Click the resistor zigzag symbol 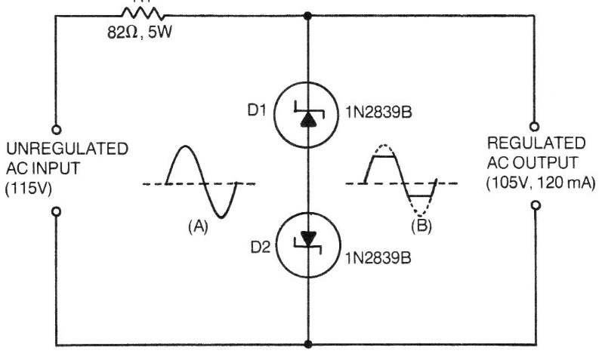143,14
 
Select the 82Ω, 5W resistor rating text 140,32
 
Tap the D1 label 257,110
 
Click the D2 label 261,247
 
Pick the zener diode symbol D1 307,115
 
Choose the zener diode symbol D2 308,245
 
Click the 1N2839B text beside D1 378,112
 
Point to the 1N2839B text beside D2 378,258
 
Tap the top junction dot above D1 307,16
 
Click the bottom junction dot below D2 307,344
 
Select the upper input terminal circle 57,130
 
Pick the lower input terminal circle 57,211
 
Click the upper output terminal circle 534,126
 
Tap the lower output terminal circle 536,205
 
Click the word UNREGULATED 67,149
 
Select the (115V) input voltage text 29,189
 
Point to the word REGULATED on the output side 536,143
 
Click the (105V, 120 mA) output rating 541,183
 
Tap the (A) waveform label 198,226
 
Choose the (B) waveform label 421,226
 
